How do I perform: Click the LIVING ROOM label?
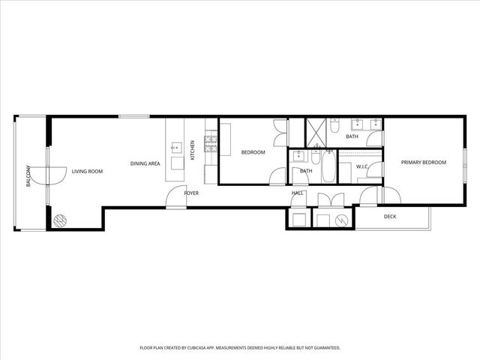click(x=87, y=172)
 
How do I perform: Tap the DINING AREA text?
click(x=145, y=163)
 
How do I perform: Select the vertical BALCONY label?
click(x=28, y=175)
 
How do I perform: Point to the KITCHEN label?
click(x=192, y=150)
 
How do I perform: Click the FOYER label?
click(x=191, y=193)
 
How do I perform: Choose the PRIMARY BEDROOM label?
click(x=423, y=163)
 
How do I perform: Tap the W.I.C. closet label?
click(x=361, y=166)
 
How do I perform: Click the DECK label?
click(x=390, y=217)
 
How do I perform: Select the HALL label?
click(x=298, y=193)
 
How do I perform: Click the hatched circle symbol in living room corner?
click(x=59, y=220)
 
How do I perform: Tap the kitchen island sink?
click(x=177, y=147)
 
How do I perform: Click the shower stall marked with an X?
click(x=316, y=132)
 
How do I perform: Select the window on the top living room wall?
click(x=133, y=115)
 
